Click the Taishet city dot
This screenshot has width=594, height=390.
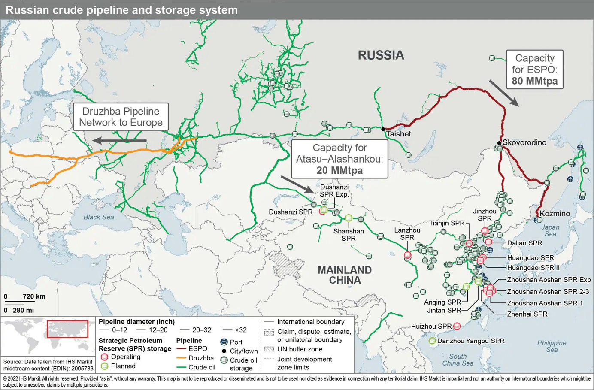pyautogui.click(x=383, y=129)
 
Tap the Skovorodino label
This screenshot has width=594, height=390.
pyautogui.click(x=524, y=142)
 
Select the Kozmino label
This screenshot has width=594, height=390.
pyautogui.click(x=555, y=213)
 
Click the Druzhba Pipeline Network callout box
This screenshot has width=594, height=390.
pyautogui.click(x=121, y=117)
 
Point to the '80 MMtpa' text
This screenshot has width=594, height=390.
pyautogui.click(x=534, y=81)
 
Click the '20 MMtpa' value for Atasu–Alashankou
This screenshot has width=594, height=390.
pyautogui.click(x=339, y=170)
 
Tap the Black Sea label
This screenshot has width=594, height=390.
pyautogui.click(x=99, y=217)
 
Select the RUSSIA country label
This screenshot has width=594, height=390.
pyautogui.click(x=381, y=55)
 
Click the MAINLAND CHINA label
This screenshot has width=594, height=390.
pyautogui.click(x=345, y=275)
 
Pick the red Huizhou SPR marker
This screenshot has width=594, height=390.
pyautogui.click(x=457, y=327)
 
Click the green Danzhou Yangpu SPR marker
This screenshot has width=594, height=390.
pyautogui.click(x=432, y=341)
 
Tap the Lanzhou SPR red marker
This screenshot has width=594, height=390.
pyautogui.click(x=408, y=255)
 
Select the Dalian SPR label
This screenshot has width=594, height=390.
pyautogui.click(x=524, y=243)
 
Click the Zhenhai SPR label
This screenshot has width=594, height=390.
pyautogui.click(x=527, y=314)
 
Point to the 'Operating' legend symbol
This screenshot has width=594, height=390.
pyautogui.click(x=104, y=357)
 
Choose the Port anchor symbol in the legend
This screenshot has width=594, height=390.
pyautogui.click(x=224, y=342)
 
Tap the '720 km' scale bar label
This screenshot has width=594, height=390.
pyautogui.click(x=34, y=296)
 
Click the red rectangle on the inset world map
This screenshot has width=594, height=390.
pyautogui.click(x=67, y=329)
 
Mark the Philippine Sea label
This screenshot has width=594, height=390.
pyautogui.click(x=552, y=346)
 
